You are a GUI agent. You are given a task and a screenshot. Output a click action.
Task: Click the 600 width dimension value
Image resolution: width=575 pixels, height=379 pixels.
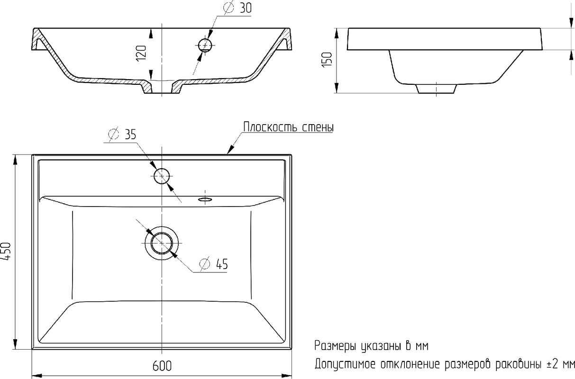[162, 366]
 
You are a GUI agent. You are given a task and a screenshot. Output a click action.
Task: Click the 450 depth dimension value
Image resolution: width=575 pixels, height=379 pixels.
[6, 252]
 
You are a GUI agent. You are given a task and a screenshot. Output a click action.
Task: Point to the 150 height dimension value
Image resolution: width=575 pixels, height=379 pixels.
[327, 60]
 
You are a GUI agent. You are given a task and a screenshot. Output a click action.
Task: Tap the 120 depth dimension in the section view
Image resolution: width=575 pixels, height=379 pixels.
[141, 54]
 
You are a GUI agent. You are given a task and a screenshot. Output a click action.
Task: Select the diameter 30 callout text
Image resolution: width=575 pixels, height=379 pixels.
[237, 8]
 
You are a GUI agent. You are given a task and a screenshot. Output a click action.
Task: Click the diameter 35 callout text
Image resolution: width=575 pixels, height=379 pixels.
[122, 134]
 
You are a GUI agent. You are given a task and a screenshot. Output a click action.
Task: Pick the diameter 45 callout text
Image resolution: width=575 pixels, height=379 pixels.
[214, 264]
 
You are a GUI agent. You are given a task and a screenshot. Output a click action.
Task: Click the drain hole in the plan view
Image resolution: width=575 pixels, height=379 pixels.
[162, 243]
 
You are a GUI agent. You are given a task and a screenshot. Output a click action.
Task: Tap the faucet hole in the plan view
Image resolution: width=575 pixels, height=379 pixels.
[162, 176]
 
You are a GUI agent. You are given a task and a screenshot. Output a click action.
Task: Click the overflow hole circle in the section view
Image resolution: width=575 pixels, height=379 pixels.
[205, 45]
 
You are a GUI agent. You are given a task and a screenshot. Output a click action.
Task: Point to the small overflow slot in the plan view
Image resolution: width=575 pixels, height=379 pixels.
[205, 199]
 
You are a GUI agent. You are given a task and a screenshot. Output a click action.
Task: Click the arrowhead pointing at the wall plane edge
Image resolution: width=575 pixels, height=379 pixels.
[231, 149]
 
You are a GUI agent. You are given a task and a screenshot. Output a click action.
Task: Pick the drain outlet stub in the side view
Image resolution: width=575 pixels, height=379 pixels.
[437, 89]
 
